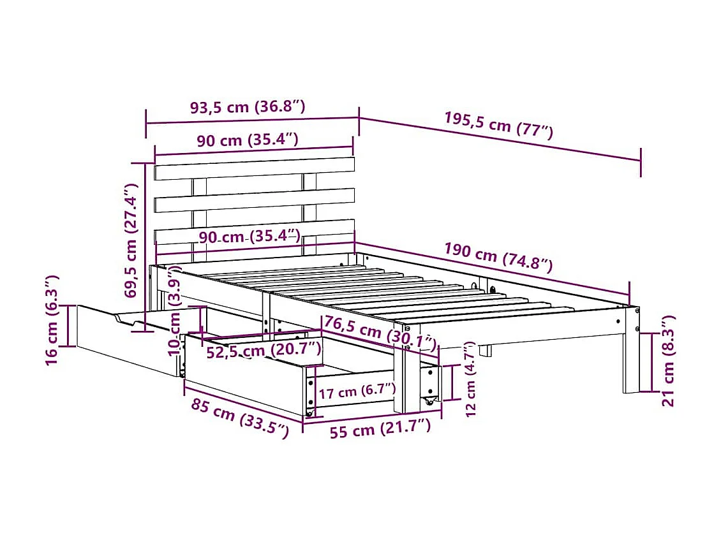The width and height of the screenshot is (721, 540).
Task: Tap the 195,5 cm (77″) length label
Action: click(498, 125)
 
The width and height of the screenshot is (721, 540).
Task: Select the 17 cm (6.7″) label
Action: click(357, 391)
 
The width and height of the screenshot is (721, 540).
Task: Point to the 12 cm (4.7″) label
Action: click(470, 379)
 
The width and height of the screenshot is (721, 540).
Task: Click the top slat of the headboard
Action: click(254, 168)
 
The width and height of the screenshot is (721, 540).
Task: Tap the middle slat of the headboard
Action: click(254, 200)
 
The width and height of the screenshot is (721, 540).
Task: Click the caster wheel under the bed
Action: click(429, 402)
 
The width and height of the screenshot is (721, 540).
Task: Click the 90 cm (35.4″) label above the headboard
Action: click(247, 140)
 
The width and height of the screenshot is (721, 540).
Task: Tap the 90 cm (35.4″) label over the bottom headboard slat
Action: click(249, 237)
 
